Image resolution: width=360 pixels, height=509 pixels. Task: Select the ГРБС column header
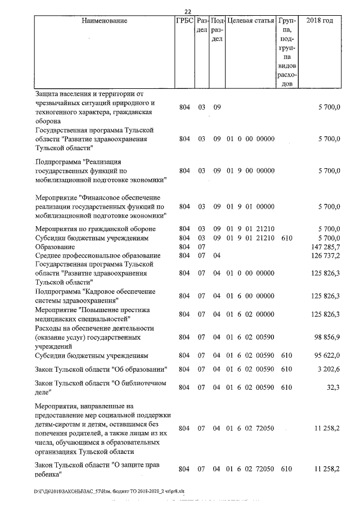(x=184, y=21)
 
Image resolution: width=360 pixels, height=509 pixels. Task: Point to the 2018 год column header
(x=319, y=21)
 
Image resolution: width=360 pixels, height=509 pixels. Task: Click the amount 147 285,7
(x=326, y=247)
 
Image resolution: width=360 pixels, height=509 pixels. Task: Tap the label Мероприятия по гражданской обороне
(x=95, y=229)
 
